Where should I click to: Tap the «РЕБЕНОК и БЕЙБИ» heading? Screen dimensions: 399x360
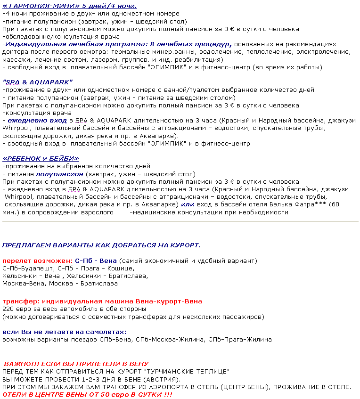[41, 158]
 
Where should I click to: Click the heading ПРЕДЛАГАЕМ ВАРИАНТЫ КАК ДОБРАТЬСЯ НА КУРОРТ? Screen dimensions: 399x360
[101, 245]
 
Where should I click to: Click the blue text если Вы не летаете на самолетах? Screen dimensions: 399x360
[57, 332]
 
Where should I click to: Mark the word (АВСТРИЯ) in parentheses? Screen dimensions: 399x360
[161, 379]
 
